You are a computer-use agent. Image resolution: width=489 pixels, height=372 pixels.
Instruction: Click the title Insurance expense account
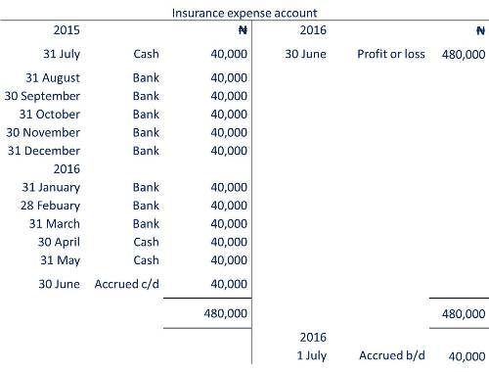click(x=244, y=14)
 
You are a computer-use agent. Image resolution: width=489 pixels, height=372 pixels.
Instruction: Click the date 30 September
click(x=43, y=96)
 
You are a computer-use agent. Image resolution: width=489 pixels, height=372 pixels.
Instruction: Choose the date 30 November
click(x=43, y=132)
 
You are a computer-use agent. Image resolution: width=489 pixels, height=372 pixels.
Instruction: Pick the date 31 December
click(x=43, y=150)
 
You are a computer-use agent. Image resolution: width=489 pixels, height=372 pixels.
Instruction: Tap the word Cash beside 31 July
click(x=146, y=54)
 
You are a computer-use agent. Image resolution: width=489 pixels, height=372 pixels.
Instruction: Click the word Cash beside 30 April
click(x=146, y=242)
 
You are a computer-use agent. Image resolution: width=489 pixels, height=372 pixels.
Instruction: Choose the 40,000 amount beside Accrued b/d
click(x=467, y=357)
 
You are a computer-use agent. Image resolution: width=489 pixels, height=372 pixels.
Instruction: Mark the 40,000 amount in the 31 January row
click(x=228, y=187)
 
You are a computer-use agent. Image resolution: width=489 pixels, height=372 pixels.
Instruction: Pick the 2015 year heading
click(x=41, y=30)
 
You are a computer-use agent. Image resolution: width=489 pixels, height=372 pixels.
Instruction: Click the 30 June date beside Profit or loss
click(x=305, y=54)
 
